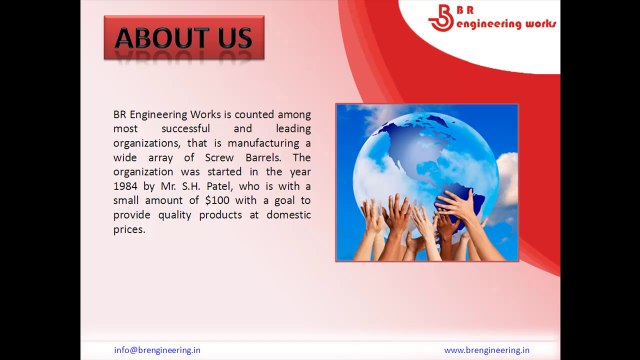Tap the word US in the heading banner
[x=234, y=38]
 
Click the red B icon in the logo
[x=441, y=18]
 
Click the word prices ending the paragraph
[x=129, y=229]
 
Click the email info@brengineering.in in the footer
[x=157, y=350]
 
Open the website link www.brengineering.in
[x=487, y=350]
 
